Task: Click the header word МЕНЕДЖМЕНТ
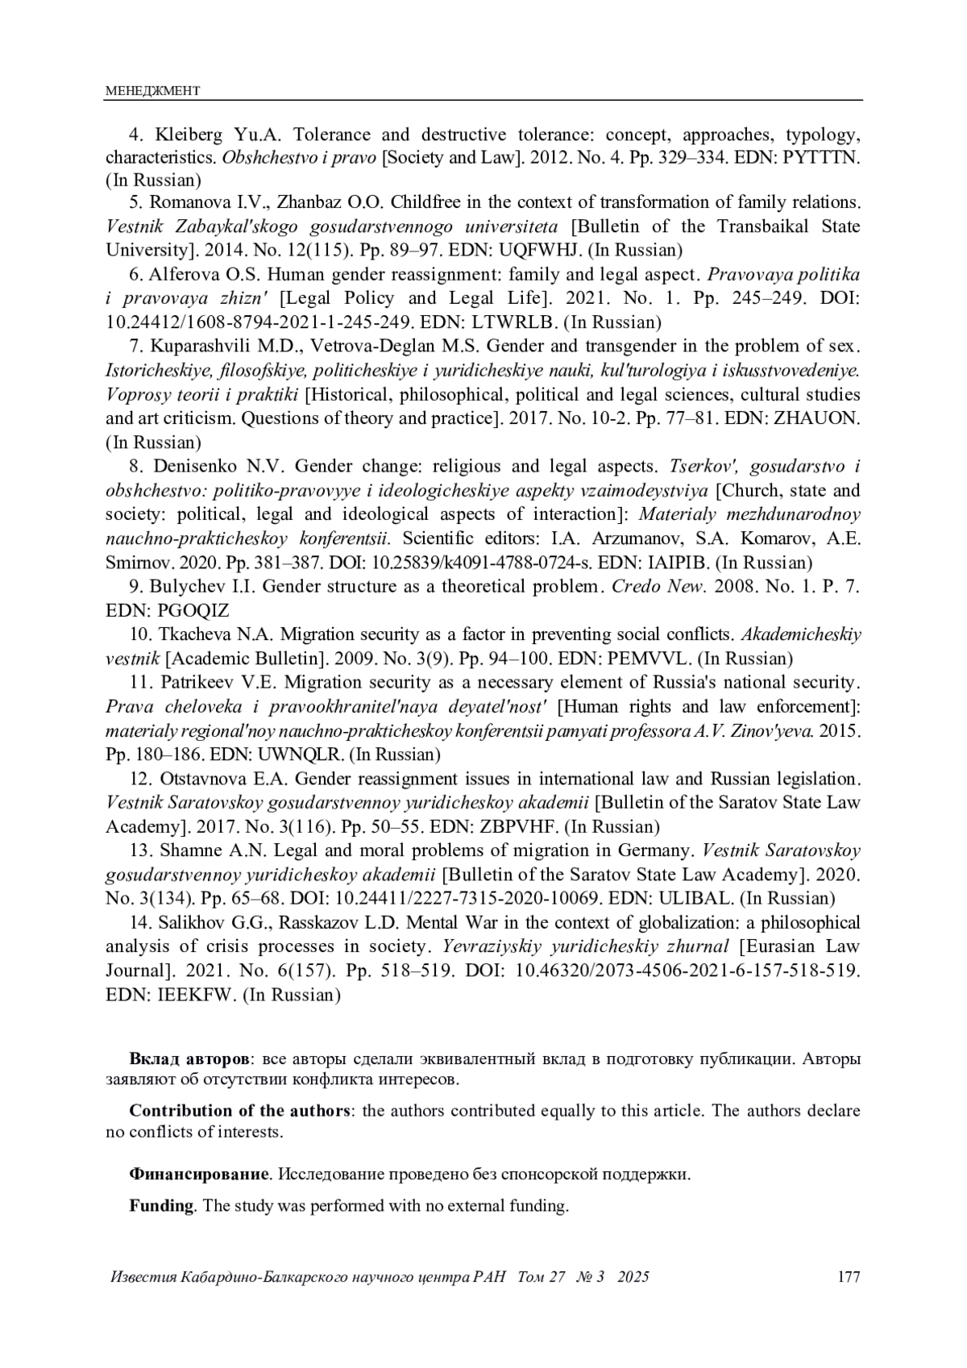tap(152, 91)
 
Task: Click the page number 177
tap(849, 1277)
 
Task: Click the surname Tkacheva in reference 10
tap(193, 634)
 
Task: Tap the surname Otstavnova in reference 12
tap(202, 779)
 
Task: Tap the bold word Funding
tap(161, 1206)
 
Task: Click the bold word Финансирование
tap(199, 1174)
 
